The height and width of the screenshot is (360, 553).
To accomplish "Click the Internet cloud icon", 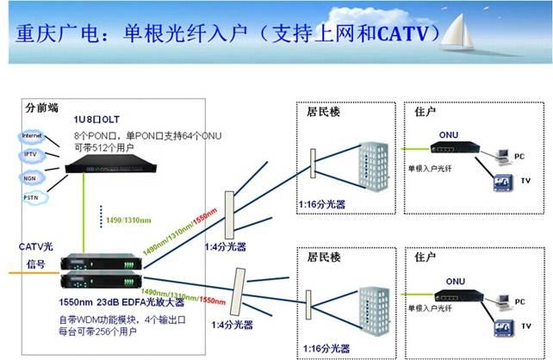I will (32, 135).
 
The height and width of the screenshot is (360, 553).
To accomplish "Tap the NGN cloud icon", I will (32, 177).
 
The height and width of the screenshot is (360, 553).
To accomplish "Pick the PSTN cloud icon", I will (32, 197).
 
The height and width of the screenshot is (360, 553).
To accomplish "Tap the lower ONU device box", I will (456, 295).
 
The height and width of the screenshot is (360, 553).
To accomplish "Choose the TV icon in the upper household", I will (502, 184).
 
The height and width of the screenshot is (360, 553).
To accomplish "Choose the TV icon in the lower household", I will (502, 328).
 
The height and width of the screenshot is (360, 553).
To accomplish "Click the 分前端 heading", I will (42, 109).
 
